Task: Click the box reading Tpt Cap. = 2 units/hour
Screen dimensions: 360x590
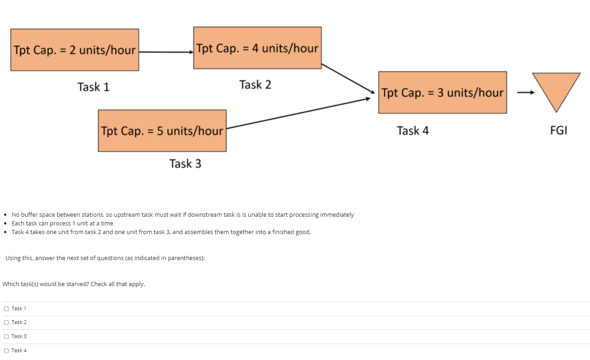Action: click(x=75, y=50)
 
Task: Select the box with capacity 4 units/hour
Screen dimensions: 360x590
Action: click(x=257, y=48)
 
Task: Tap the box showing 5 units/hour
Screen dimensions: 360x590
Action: click(x=162, y=131)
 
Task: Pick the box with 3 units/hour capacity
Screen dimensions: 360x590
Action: click(x=442, y=93)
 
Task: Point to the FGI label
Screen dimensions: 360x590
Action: click(x=559, y=130)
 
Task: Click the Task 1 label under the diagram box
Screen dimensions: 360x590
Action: click(x=93, y=87)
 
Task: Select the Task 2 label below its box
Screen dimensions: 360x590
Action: click(x=255, y=84)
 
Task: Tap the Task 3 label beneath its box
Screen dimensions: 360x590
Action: click(x=185, y=163)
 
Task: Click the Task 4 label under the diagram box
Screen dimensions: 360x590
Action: click(x=412, y=131)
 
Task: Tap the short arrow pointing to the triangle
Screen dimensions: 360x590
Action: click(x=525, y=93)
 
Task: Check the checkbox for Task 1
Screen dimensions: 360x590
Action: click(x=6, y=309)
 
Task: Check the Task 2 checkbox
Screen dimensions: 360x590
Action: click(x=6, y=323)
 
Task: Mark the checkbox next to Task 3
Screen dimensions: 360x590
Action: click(x=6, y=337)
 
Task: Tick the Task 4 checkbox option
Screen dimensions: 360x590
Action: click(x=6, y=351)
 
